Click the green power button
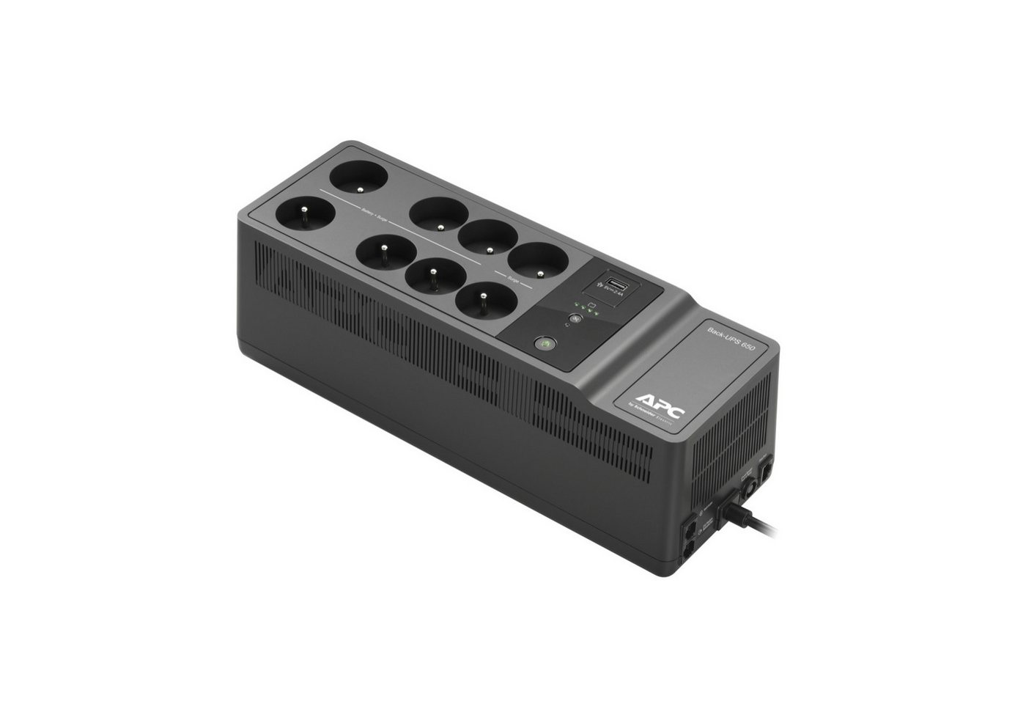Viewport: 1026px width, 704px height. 544,342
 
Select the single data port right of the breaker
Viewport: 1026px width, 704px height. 766,470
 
